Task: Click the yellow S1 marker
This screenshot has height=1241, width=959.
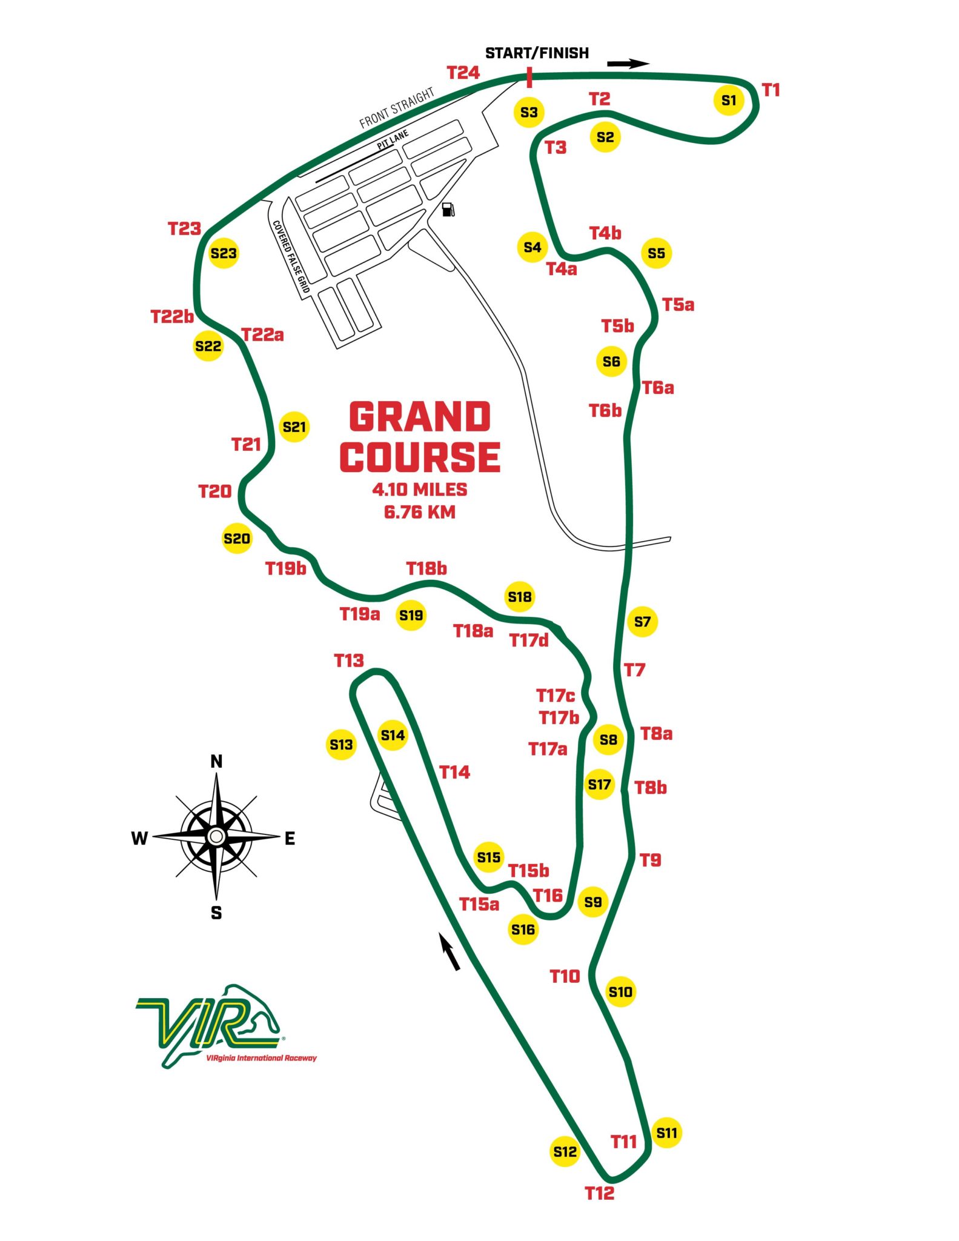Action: [729, 100]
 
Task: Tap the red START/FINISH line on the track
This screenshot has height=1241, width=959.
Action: [529, 78]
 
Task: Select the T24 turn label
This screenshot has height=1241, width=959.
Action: [463, 73]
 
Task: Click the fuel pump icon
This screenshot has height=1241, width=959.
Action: [448, 210]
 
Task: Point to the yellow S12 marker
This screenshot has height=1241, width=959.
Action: [565, 1151]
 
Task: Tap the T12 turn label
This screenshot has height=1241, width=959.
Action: [599, 1193]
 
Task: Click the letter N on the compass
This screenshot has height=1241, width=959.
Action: [216, 762]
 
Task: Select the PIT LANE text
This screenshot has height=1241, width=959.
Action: [393, 140]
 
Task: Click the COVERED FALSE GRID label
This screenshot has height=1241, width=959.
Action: [291, 257]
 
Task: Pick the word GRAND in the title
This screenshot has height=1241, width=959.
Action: [420, 417]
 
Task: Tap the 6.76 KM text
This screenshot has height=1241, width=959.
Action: [420, 512]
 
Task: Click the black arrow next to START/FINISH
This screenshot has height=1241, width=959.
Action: [628, 64]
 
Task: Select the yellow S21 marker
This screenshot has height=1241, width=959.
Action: [294, 427]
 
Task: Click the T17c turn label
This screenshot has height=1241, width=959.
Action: [555, 695]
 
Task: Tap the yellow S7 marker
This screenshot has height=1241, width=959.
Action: [642, 621]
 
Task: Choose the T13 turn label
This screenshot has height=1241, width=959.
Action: [349, 660]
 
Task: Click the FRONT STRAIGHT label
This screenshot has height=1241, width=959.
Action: [397, 108]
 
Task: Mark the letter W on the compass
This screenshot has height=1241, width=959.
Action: [139, 838]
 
